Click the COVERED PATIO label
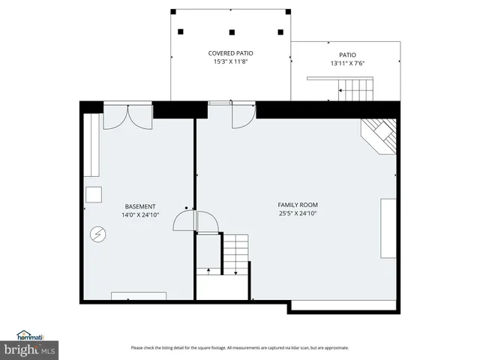[x=230, y=53]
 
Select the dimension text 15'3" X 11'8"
[x=230, y=61]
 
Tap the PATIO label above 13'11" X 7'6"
[x=346, y=55]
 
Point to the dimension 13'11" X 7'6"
[x=346, y=63]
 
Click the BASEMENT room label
[x=140, y=206]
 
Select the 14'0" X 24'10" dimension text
[x=140, y=214]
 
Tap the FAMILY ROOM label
[x=298, y=205]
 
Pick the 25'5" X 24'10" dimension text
[x=298, y=213]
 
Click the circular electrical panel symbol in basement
[x=97, y=234]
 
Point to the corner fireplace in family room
[x=380, y=135]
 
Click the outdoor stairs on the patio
[x=355, y=92]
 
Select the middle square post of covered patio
[x=232, y=31]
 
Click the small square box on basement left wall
[x=93, y=194]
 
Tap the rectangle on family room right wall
[x=388, y=228]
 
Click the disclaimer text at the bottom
[x=240, y=347]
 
